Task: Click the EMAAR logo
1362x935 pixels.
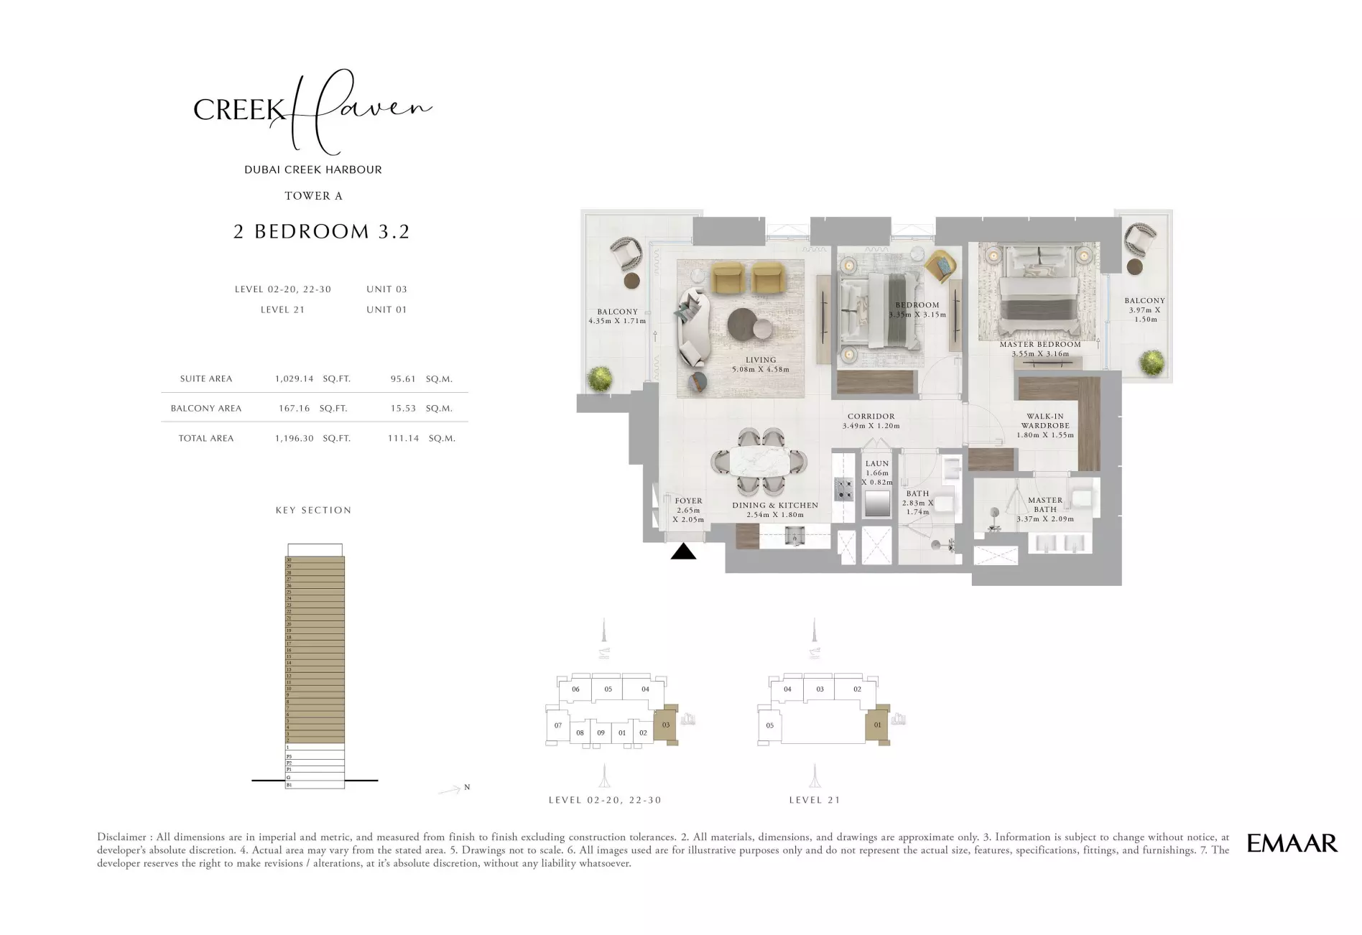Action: point(1292,843)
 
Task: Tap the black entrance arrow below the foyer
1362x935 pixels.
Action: point(683,552)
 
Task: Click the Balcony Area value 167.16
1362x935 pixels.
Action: point(295,408)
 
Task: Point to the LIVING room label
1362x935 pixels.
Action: point(760,360)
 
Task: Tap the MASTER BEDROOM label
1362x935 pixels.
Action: point(1039,345)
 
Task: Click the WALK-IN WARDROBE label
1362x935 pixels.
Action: point(1045,421)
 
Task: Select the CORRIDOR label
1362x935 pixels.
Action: point(871,417)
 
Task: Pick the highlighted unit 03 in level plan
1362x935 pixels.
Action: point(666,725)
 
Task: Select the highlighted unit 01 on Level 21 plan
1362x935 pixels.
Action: point(877,725)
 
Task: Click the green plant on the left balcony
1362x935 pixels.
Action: point(600,378)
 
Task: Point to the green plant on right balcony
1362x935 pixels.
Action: point(1152,361)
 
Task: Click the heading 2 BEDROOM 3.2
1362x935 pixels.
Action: point(321,231)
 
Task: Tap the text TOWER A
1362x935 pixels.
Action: point(313,195)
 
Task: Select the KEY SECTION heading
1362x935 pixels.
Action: point(313,510)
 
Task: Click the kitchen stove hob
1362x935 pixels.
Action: point(843,490)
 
